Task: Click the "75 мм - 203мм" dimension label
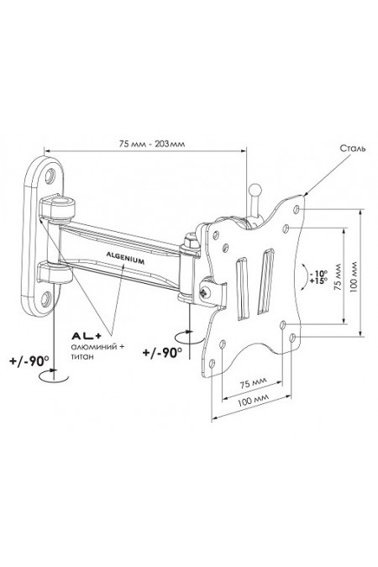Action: click(152, 144)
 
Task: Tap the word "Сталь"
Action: click(353, 148)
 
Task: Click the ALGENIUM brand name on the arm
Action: click(125, 258)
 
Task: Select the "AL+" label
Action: click(87, 336)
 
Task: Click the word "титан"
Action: click(82, 356)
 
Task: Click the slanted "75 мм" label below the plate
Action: click(253, 382)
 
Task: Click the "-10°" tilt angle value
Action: click(318, 273)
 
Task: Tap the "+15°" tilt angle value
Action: click(318, 281)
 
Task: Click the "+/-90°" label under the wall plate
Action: click(29, 361)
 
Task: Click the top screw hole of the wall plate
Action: click(50, 176)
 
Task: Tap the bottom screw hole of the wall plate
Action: click(46, 299)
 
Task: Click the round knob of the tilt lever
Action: click(255, 190)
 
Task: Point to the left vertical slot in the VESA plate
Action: click(243, 289)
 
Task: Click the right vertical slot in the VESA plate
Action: click(265, 281)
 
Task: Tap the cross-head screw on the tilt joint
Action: click(205, 291)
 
